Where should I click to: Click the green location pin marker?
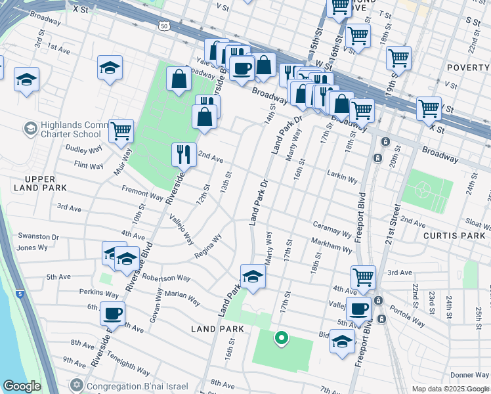pos(282,338)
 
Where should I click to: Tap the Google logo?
pos(22,386)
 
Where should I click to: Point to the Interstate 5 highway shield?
pos(20,294)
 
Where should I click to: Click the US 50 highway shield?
pos(163,26)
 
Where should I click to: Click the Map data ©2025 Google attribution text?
pos(450,389)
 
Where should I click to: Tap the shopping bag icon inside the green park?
pos(179,80)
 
